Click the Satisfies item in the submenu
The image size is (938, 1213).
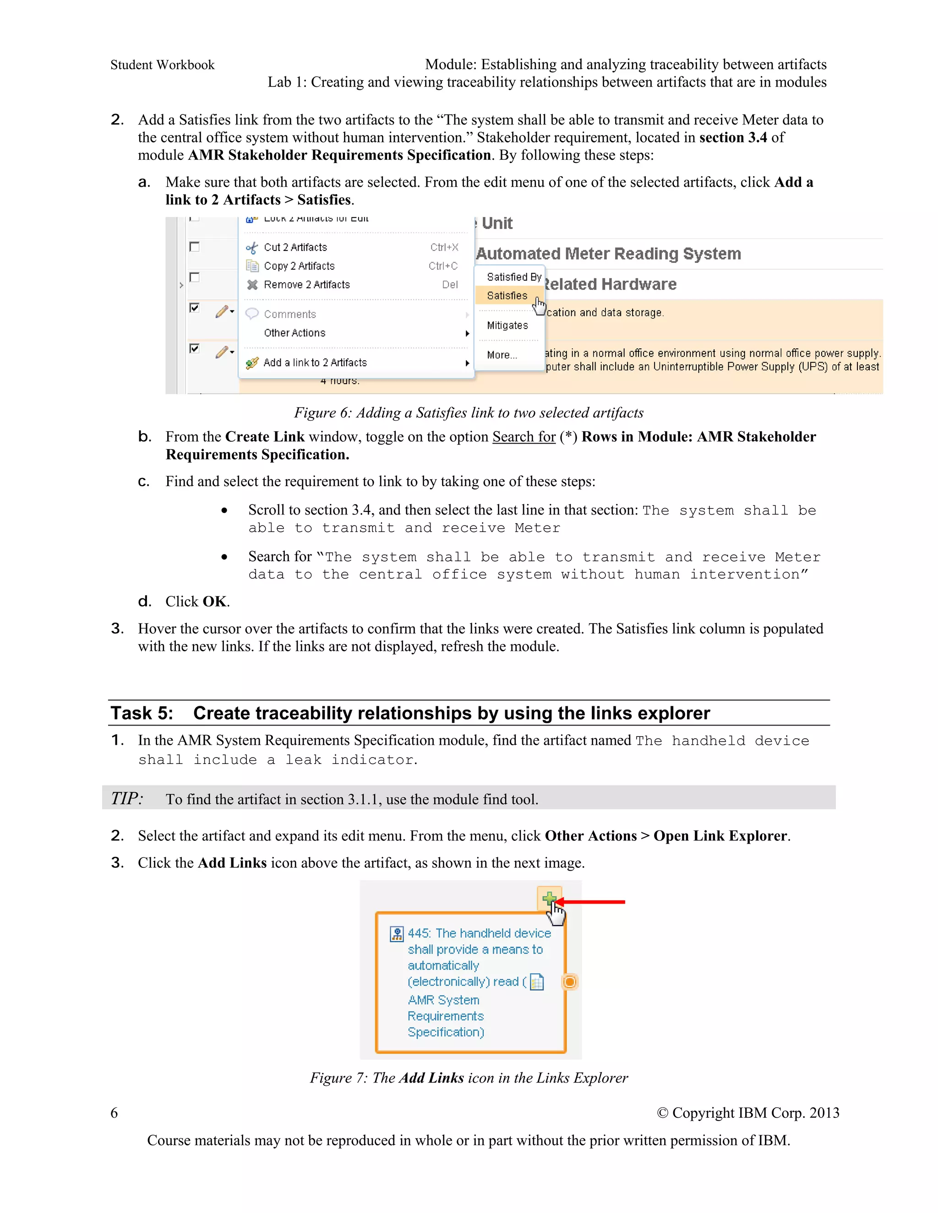click(x=507, y=296)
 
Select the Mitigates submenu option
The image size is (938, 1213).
click(x=507, y=325)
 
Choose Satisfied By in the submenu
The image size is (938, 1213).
click(x=513, y=276)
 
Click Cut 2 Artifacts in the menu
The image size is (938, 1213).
click(x=295, y=247)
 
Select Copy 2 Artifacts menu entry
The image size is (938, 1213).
click(x=299, y=266)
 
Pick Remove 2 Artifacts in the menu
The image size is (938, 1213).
click(x=306, y=284)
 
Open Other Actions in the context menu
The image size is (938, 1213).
click(x=294, y=333)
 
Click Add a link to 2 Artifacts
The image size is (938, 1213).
click(x=315, y=363)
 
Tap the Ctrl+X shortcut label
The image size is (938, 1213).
click(x=444, y=247)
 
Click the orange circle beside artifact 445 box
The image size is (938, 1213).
click(x=570, y=982)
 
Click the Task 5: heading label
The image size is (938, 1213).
click(x=142, y=713)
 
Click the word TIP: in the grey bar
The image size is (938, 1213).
click(x=127, y=798)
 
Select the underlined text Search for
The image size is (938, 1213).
click(x=524, y=437)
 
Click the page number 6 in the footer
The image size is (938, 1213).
click(x=114, y=1112)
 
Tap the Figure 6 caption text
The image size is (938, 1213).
click(x=469, y=413)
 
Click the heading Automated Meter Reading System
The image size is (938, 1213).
click(x=609, y=254)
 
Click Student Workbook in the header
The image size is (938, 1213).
click(x=162, y=65)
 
